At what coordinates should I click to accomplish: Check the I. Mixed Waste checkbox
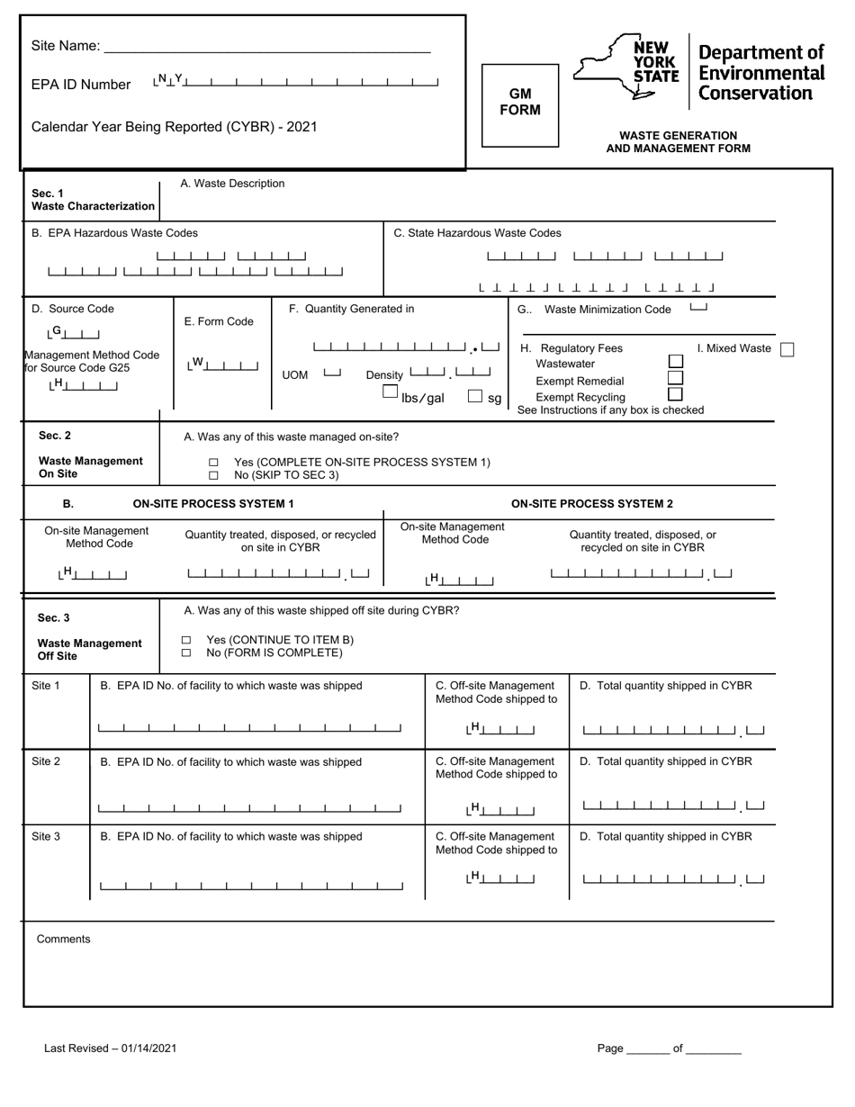coord(787,349)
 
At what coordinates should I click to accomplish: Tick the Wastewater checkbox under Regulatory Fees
coord(675,362)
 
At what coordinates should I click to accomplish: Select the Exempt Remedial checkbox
coord(675,378)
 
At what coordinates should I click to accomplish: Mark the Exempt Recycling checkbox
coord(675,394)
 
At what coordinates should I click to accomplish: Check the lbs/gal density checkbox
coord(390,392)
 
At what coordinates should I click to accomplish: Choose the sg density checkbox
coord(475,396)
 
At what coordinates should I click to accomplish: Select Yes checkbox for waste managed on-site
coord(213,463)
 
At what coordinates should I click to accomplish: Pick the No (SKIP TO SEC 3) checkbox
coord(213,475)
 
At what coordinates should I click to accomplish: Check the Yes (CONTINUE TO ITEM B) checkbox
coord(186,640)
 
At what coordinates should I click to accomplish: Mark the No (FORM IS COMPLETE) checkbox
coord(186,653)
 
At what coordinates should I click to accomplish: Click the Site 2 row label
coord(46,761)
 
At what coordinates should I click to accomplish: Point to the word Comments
coord(63,939)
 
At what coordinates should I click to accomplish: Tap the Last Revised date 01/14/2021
coord(145,1048)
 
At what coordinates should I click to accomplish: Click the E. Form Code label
coord(219,321)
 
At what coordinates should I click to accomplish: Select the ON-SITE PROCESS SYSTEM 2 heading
coord(591,504)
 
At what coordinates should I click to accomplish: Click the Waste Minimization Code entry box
coord(697,309)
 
